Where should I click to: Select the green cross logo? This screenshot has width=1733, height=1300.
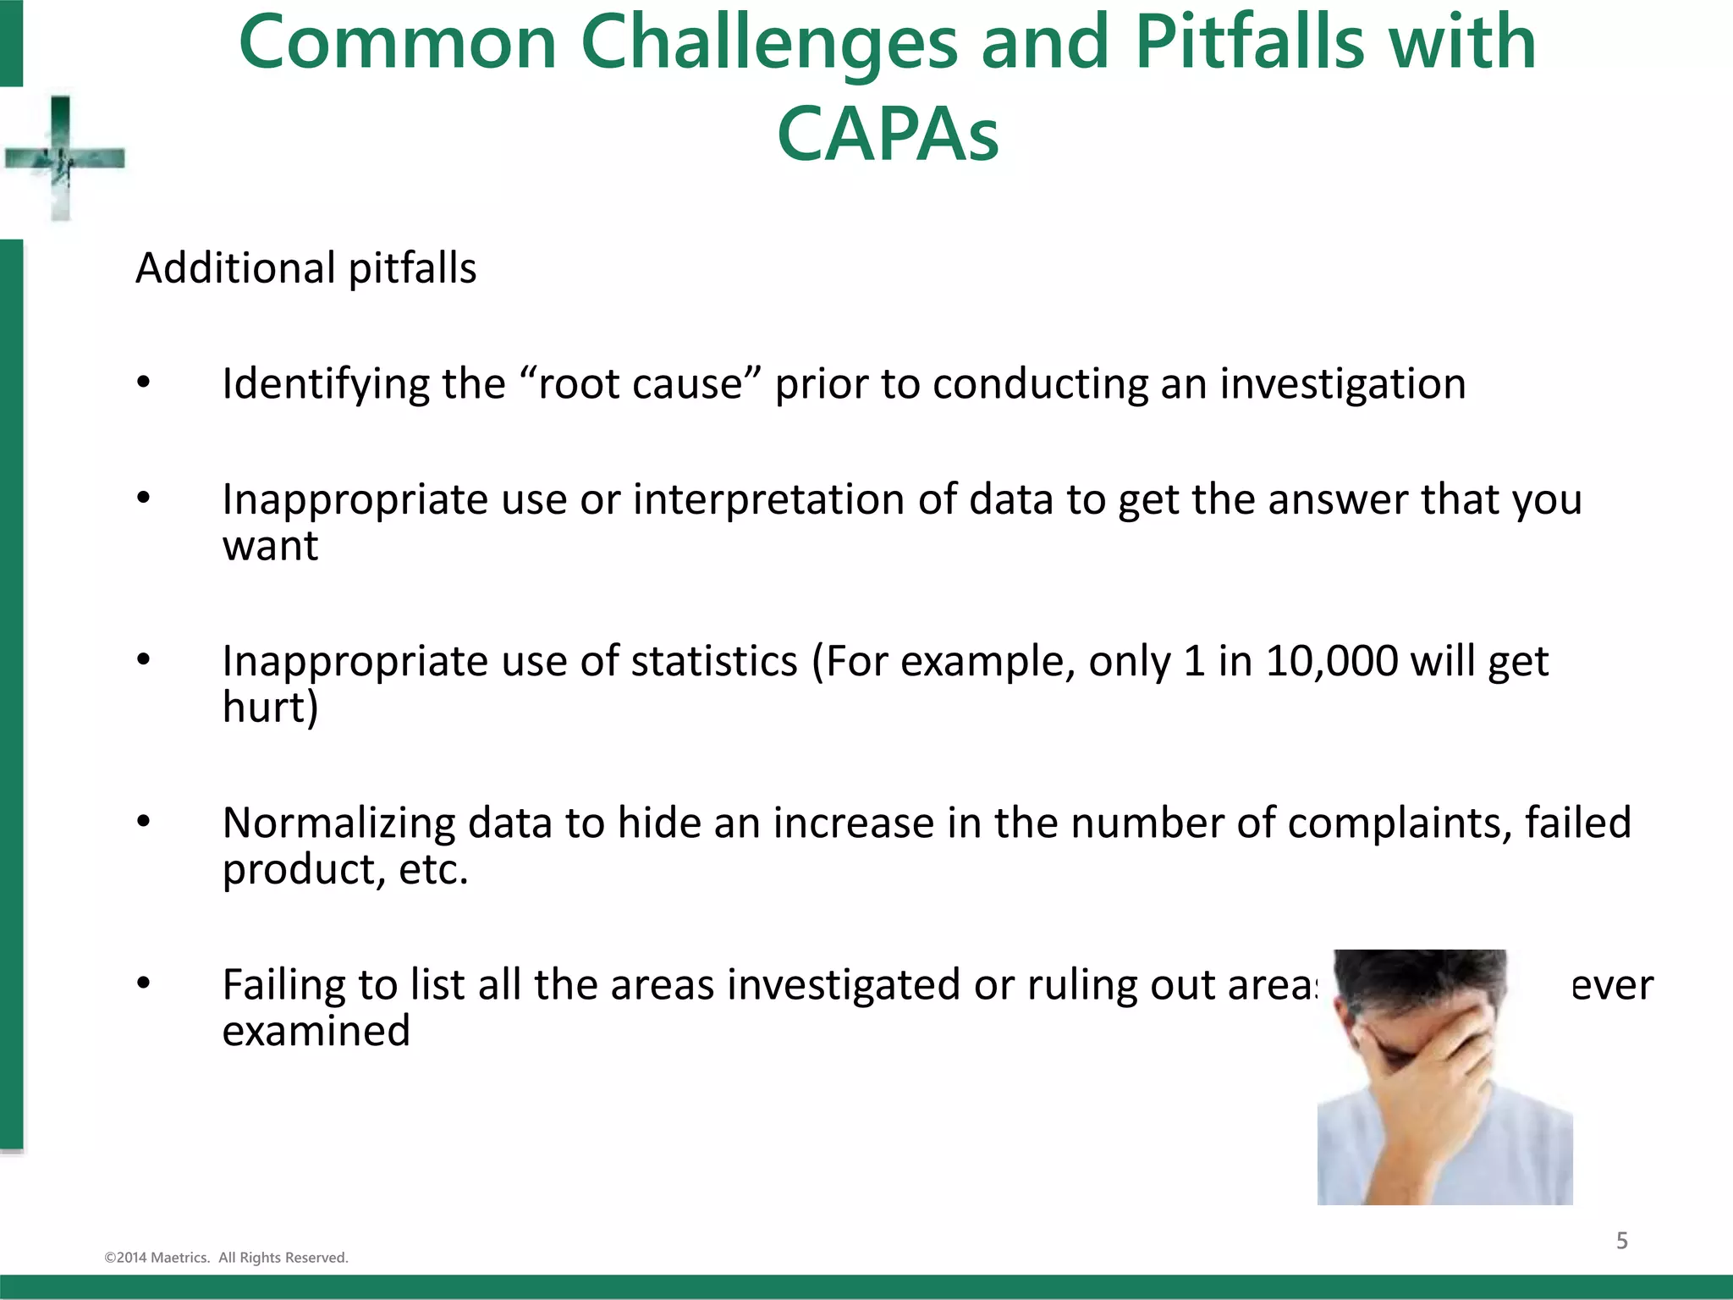pos(62,158)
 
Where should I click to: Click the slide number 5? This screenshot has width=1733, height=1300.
pos(1621,1241)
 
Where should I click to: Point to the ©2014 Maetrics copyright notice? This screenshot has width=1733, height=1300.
pos(226,1258)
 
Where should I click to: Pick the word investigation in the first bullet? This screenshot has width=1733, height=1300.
pos(1342,384)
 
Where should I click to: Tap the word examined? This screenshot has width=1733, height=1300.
pos(316,1032)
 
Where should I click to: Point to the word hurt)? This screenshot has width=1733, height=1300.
pos(270,708)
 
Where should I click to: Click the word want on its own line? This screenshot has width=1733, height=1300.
pos(270,546)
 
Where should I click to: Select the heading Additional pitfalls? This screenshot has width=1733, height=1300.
pos(305,268)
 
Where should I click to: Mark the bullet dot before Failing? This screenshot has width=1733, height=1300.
pos(144,983)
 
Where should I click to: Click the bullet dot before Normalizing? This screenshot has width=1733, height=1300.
pos(144,822)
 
